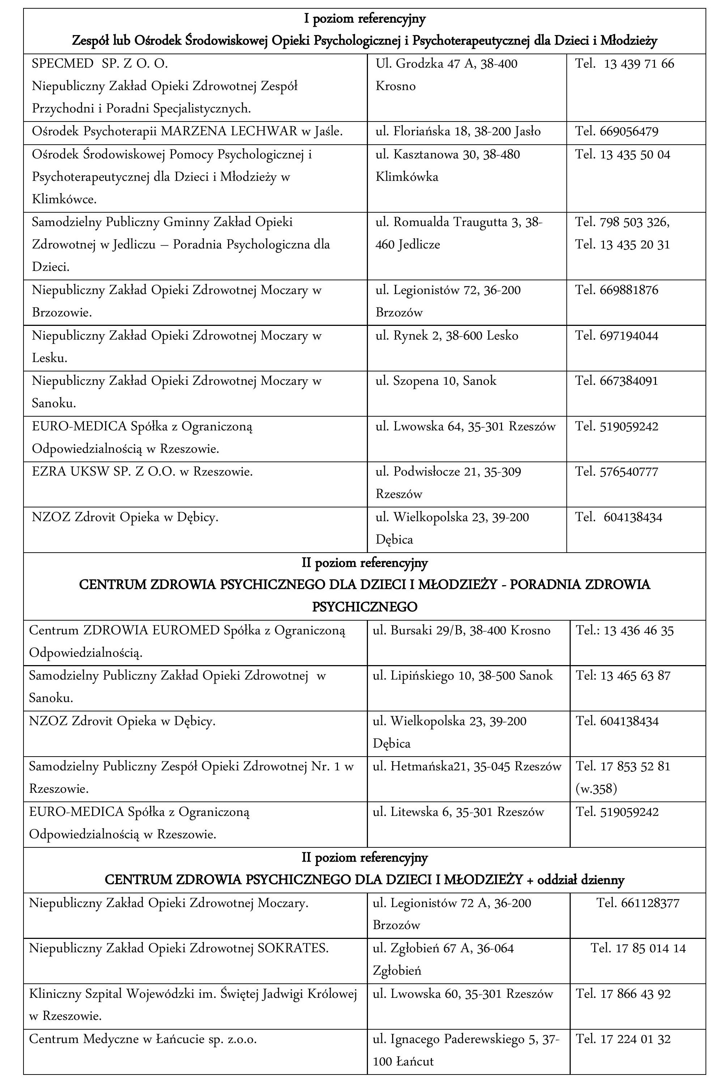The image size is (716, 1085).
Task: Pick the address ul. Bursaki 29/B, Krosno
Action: [461, 631]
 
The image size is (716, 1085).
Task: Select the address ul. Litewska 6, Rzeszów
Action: [458, 812]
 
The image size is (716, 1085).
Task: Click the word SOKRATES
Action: [293, 949]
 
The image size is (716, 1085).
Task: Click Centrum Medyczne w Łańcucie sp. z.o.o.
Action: [143, 1040]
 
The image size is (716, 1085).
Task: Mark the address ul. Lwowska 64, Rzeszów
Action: [465, 427]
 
